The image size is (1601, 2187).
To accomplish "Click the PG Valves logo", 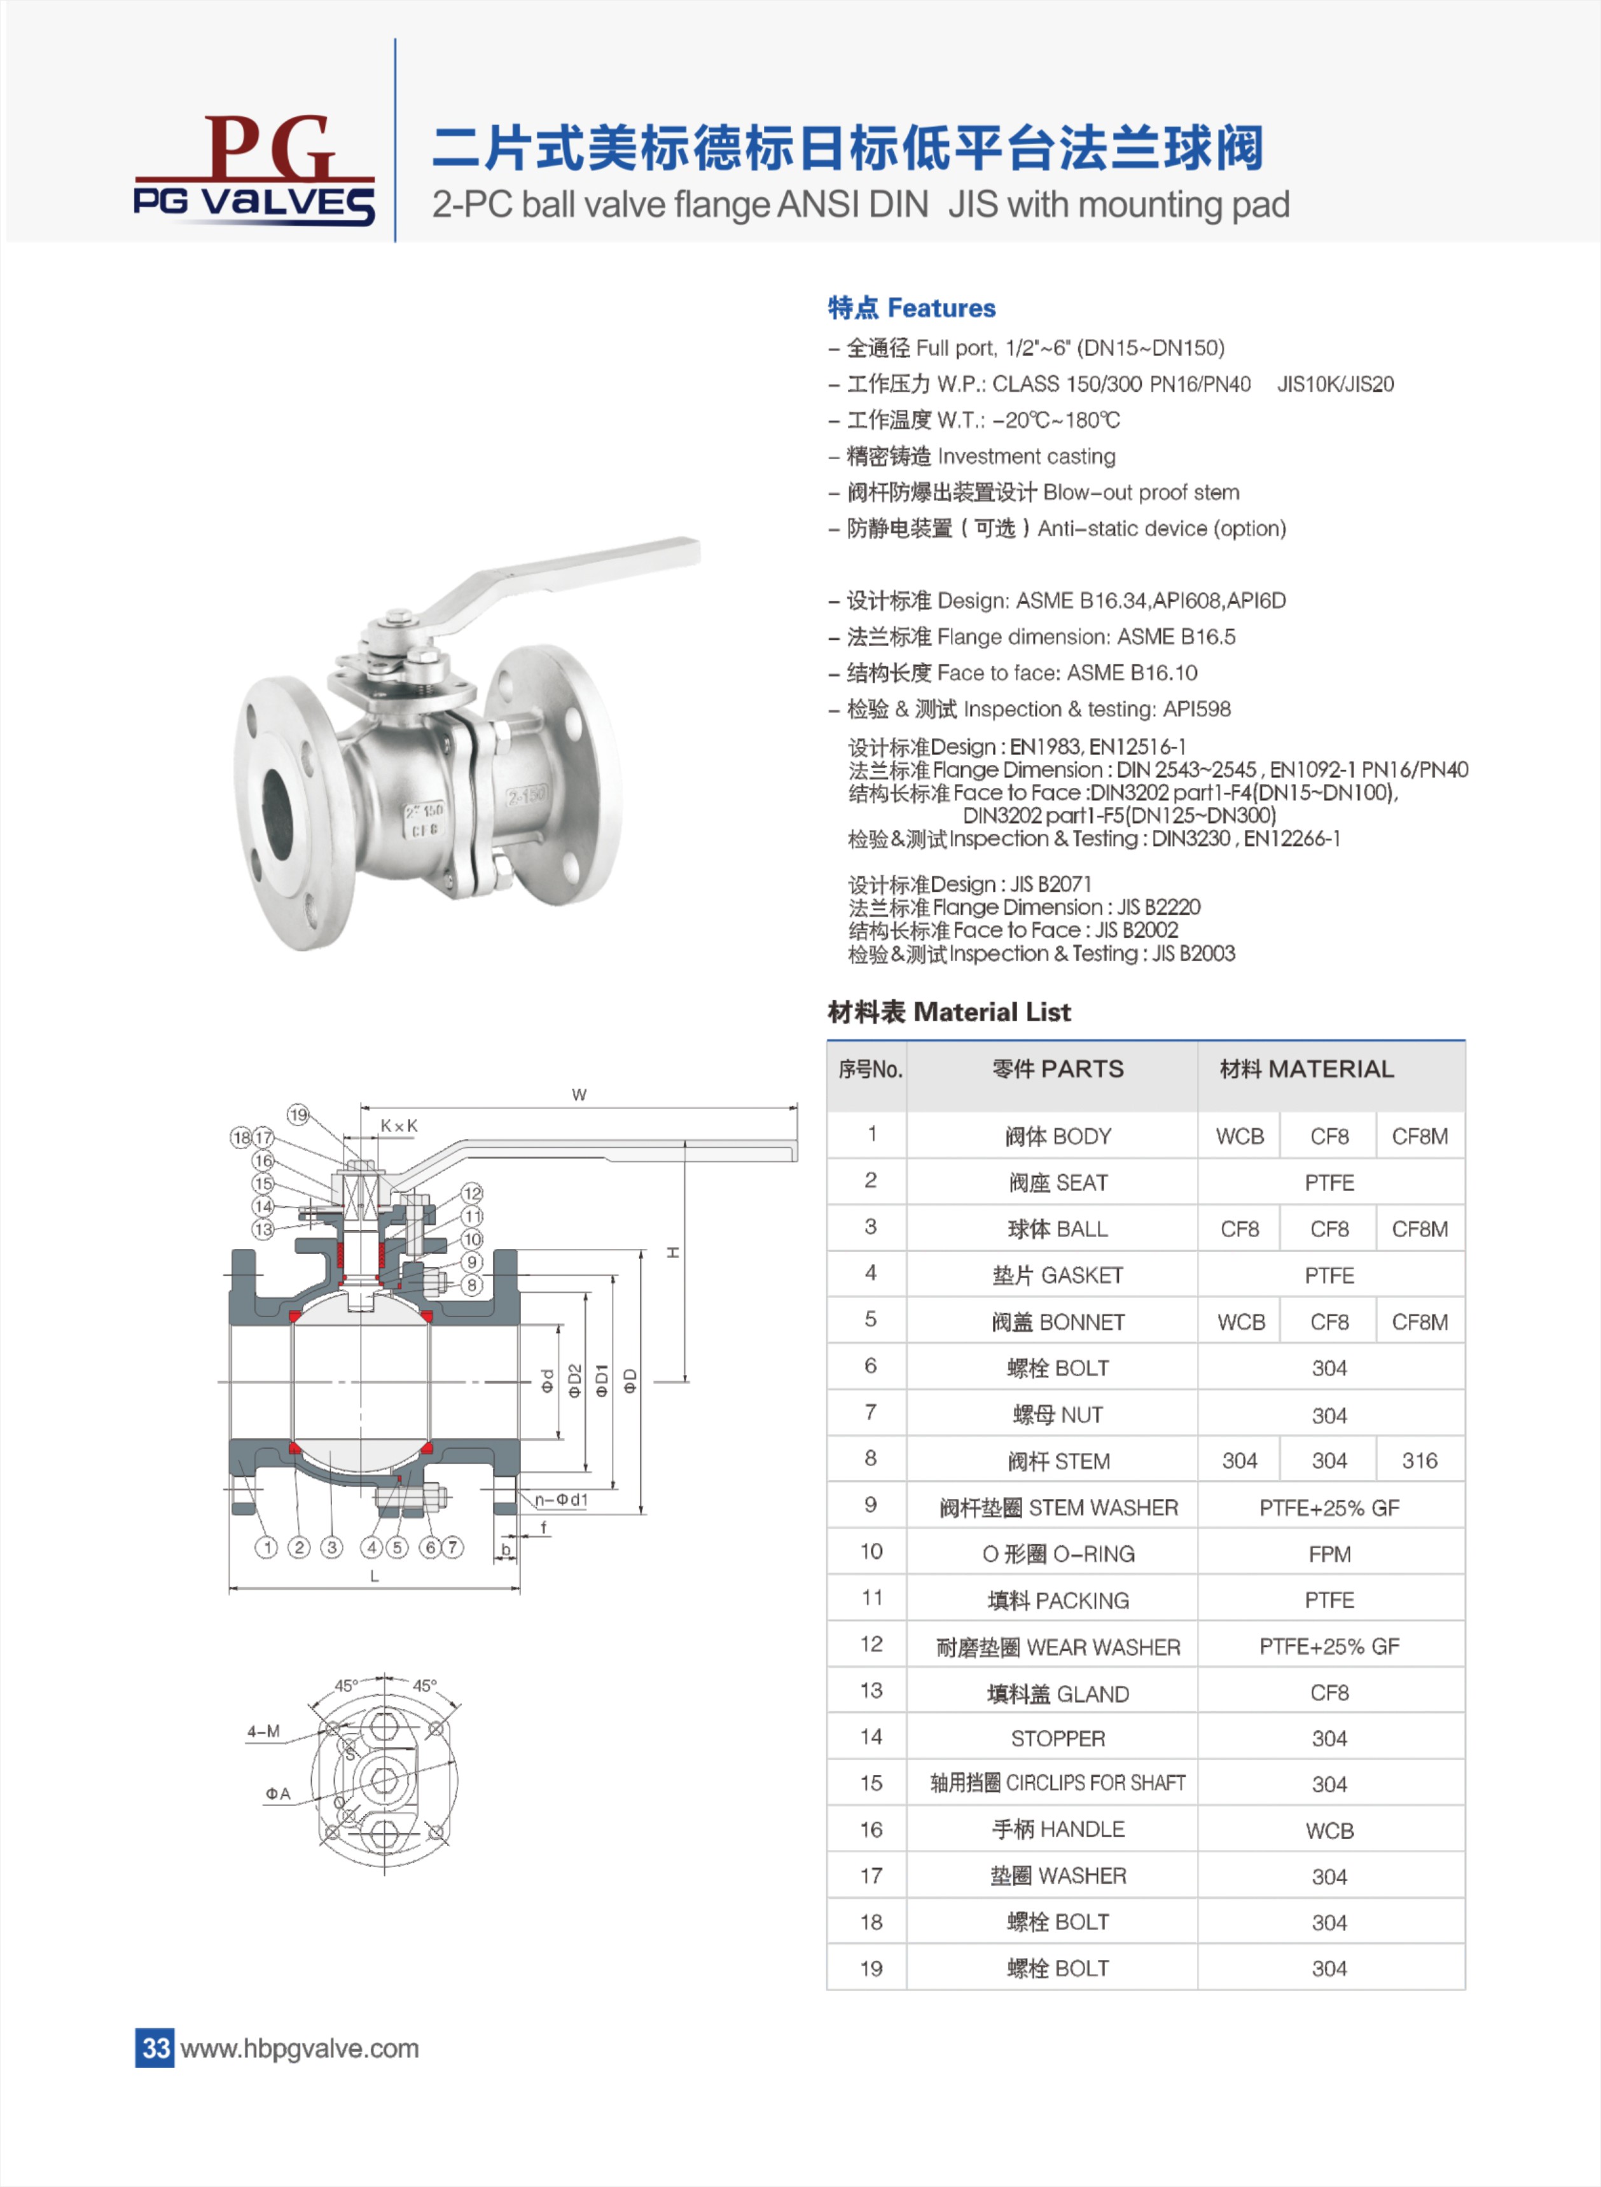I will tap(254, 170).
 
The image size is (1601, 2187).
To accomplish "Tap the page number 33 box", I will tap(155, 2048).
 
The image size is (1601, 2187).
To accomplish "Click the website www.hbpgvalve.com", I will tap(300, 2048).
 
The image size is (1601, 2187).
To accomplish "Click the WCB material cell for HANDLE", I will tap(1329, 1830).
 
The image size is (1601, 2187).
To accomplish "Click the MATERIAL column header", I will tap(1306, 1069).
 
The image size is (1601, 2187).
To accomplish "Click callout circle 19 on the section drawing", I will tap(298, 1114).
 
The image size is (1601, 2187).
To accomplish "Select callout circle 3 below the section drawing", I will tap(331, 1547).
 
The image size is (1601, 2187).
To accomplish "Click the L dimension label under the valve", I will tap(374, 1576).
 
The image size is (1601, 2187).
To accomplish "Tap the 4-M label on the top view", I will tap(263, 1730).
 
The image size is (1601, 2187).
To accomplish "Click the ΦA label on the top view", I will tap(278, 1793).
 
